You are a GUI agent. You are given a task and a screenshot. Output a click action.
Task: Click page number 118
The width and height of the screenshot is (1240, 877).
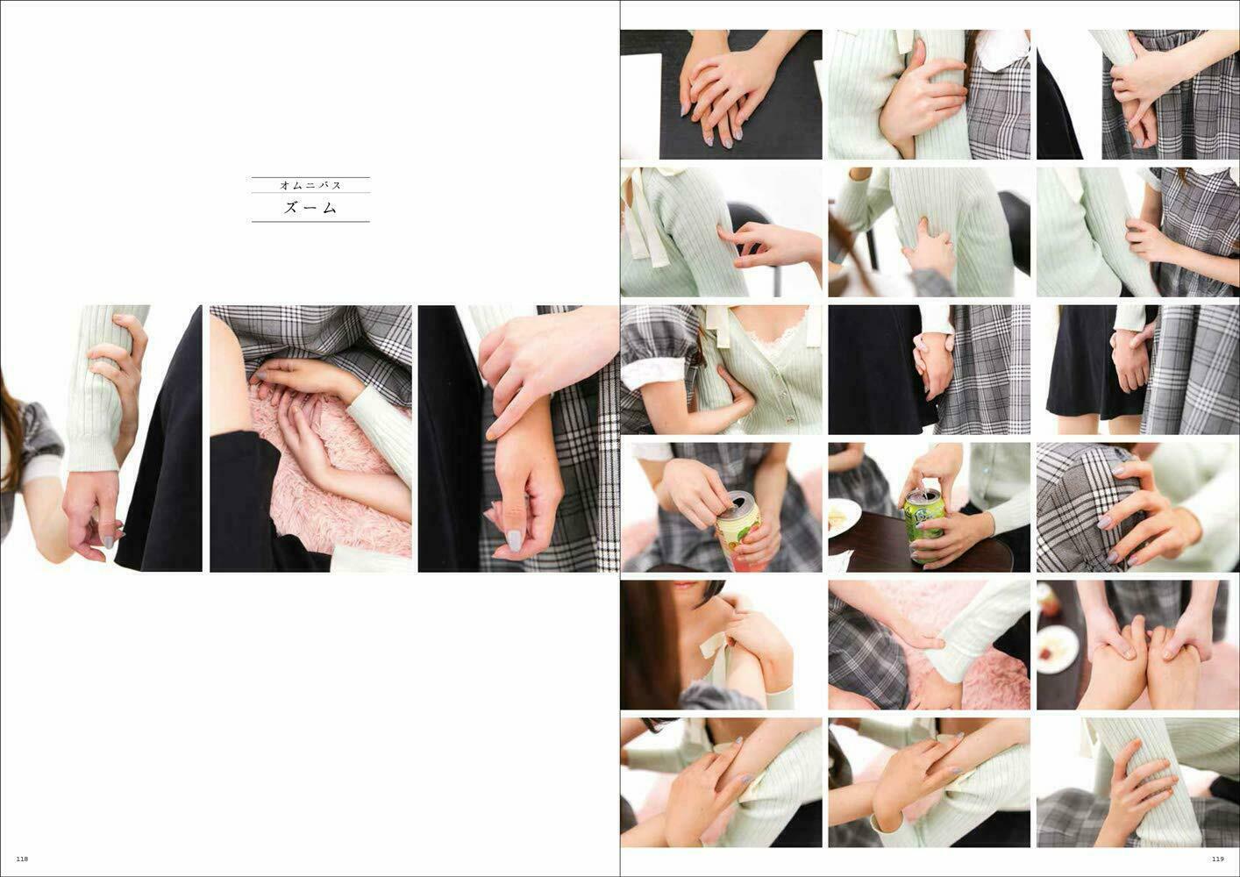pos(22,859)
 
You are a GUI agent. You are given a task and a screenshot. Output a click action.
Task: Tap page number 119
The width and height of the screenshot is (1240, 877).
pos(1218,859)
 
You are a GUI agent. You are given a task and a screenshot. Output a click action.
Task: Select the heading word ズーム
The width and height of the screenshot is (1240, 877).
pos(310,208)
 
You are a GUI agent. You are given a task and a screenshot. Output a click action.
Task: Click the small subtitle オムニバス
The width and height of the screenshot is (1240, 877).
pos(310,185)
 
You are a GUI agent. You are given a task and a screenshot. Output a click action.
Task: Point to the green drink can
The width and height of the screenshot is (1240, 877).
pos(924,524)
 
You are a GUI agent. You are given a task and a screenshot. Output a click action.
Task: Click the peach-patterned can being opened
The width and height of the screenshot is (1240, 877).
pos(740,532)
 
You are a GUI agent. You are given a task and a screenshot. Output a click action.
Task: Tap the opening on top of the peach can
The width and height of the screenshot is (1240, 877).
pos(738,503)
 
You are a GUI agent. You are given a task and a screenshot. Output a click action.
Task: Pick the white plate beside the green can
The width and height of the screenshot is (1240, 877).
pos(844,517)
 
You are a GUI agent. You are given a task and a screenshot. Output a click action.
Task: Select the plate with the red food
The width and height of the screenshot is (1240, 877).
pos(1057,649)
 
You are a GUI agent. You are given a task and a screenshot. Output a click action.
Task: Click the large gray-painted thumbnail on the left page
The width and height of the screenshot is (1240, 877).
pos(514,540)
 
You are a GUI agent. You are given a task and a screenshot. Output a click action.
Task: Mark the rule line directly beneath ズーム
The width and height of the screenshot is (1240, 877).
pos(310,222)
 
